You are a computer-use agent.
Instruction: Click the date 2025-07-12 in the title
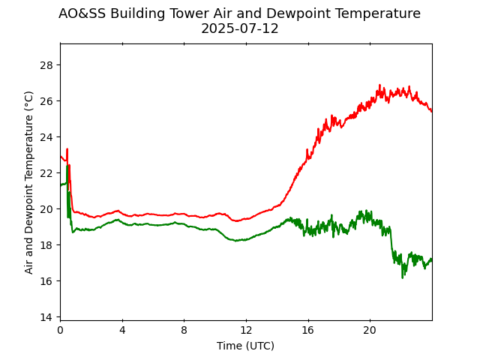pos(239,29)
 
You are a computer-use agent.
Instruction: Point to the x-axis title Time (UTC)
pos(246,346)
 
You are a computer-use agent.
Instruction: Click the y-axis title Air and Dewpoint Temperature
pos(29,182)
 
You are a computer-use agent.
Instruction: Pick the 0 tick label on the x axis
pos(60,330)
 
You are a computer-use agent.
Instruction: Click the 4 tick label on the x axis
pos(122,330)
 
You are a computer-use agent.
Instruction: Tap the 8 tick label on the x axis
pos(184,330)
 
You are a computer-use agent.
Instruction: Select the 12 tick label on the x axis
pos(246,330)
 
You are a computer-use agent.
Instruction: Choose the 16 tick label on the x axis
pos(307,330)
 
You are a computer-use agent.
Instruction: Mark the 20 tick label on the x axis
pos(370,330)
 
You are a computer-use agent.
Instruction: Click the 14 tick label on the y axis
pos(46,316)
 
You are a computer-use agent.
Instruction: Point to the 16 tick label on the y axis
pos(46,280)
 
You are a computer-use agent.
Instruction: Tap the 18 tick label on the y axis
pos(46,244)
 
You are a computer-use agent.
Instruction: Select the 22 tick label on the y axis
pos(46,172)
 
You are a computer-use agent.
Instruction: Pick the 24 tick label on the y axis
pos(46,136)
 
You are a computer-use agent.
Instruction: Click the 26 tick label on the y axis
pos(46,100)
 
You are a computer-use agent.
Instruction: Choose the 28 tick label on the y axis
pos(46,64)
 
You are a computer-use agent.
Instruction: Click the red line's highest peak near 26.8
pos(379,85)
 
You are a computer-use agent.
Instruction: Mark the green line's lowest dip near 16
pos(403,277)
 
